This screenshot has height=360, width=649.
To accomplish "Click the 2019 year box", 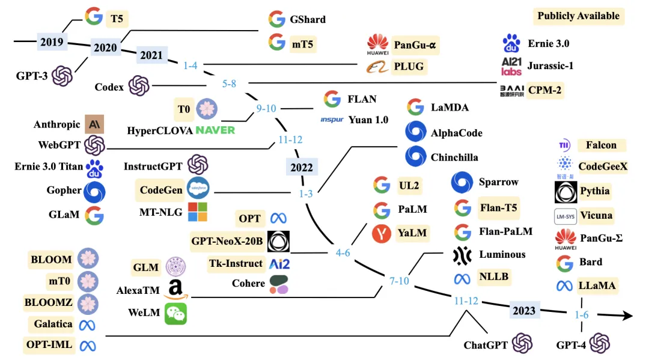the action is coord(52,42).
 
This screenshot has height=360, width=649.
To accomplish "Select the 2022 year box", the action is coord(302,167).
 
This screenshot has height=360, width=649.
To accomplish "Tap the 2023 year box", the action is coord(524,310).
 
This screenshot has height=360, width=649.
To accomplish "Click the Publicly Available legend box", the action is coord(578,16).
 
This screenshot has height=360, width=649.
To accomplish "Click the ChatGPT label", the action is coord(486,345).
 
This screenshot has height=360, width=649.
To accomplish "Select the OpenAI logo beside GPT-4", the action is coord(600,343).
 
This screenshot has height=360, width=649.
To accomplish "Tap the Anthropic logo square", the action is coord(94,124).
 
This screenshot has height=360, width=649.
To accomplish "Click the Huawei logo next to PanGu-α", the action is coord(377,44).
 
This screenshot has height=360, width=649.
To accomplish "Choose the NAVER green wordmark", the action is coord(215,130).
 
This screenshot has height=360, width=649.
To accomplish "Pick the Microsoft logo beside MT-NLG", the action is coord(198,212).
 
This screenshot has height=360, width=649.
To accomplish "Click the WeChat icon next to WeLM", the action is coord(176,313).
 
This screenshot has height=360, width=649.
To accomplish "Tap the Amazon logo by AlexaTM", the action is coord(175,289).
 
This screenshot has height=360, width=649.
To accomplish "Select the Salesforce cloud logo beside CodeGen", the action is coord(198,188).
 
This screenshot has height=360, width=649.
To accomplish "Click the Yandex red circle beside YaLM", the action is coord(382,233).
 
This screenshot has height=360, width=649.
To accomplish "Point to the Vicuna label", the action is coord(596,216).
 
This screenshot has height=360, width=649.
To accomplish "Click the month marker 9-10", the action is coord(266,108).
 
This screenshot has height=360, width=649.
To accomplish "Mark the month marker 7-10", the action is coord(399,281).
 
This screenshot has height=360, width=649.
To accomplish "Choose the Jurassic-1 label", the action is coord(550,66).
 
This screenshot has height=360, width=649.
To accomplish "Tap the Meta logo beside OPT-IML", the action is coord(88,346).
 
